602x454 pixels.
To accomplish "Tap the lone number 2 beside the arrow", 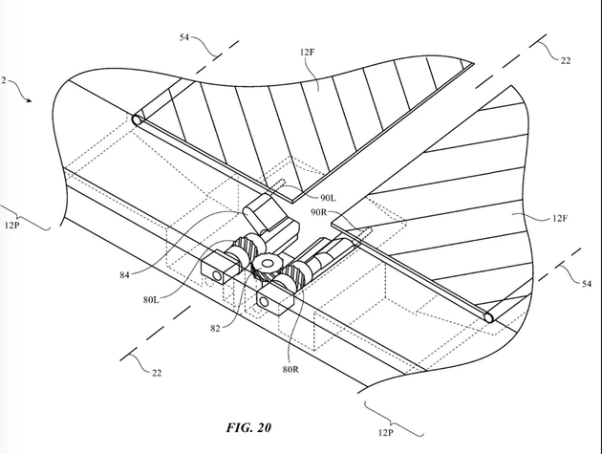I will coord(3,82).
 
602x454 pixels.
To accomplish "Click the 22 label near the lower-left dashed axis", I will coord(158,374).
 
